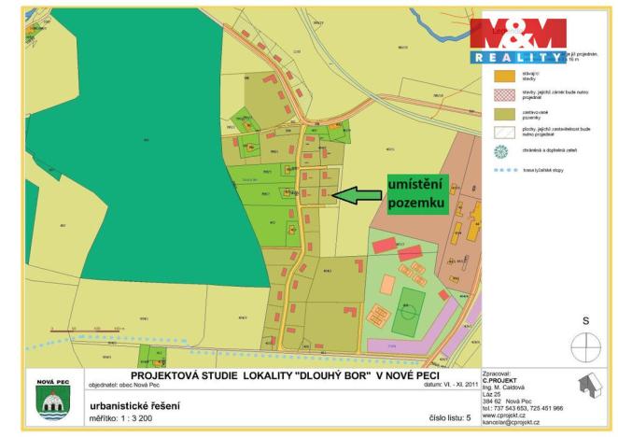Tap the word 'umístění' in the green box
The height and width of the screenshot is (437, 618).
(413, 186)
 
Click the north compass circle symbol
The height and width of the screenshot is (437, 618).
(586, 345)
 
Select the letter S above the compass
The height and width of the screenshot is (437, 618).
(586, 320)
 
